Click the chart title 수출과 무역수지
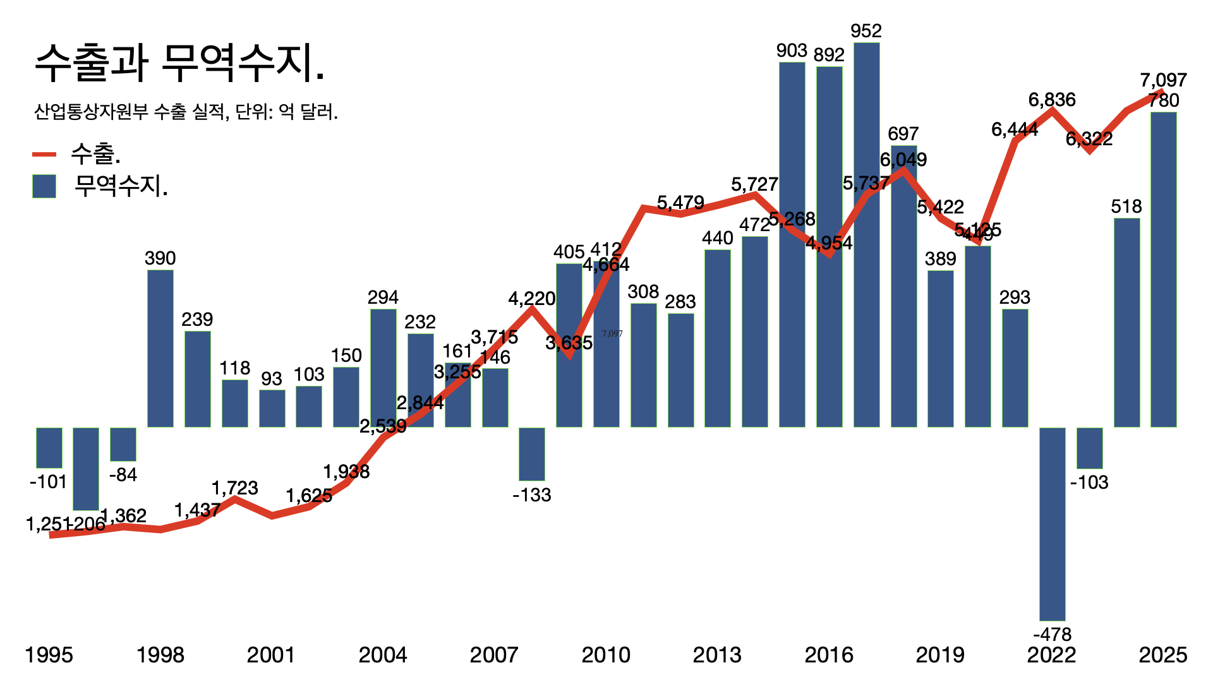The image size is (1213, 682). click(x=179, y=63)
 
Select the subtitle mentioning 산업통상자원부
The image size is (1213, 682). click(x=186, y=112)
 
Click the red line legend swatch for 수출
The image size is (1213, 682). click(x=44, y=154)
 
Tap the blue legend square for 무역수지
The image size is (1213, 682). click(x=44, y=186)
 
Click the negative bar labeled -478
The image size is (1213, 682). click(x=1052, y=524)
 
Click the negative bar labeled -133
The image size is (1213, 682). click(x=532, y=454)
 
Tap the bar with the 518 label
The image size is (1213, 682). click(x=1126, y=323)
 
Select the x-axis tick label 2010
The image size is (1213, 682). click(x=606, y=655)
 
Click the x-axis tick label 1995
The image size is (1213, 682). click(x=49, y=655)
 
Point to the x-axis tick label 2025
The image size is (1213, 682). click(x=1163, y=655)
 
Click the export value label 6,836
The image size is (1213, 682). click(x=1052, y=100)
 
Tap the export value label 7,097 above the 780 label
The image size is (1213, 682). click(x=1163, y=80)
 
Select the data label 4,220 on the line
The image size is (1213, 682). click(x=532, y=299)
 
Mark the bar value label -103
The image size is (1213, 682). click(x=1089, y=482)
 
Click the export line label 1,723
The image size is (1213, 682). click(x=234, y=488)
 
